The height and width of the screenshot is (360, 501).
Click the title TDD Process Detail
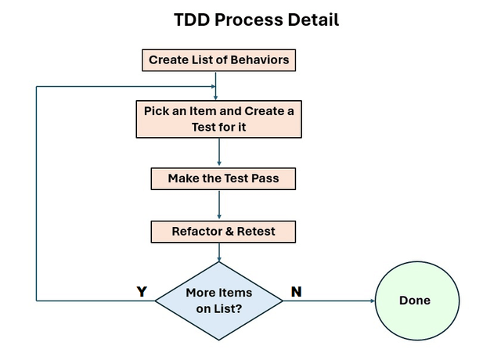tap(256, 20)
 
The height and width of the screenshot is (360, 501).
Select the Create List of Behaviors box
tap(218, 59)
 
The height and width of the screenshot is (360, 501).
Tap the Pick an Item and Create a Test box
tap(218, 118)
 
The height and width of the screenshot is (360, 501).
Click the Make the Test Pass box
tap(223, 178)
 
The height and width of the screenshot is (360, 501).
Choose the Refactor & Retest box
tap(223, 232)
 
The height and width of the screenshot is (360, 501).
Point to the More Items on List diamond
tap(219, 301)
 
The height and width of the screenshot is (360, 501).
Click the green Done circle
tap(415, 301)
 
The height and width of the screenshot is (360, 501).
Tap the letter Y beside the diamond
tap(142, 292)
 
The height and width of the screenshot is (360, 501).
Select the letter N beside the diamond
tap(296, 292)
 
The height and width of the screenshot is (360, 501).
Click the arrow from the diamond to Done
tap(329, 301)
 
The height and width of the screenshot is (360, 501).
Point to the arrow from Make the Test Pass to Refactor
tap(219, 205)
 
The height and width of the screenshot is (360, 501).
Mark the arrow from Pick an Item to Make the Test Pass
tap(219, 153)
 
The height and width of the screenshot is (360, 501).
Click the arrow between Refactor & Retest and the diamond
tap(219, 252)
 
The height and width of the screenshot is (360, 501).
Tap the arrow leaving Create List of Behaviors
tap(216, 80)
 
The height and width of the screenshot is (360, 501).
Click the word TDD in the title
tap(192, 20)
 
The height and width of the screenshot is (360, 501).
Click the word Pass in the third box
tap(263, 178)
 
